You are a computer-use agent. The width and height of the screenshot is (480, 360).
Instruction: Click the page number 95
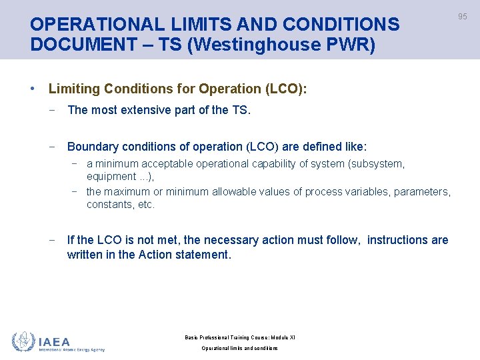tap(463, 16)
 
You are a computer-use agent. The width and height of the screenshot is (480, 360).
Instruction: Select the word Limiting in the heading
tap(73, 89)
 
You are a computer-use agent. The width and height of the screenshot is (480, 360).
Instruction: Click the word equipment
tap(111, 177)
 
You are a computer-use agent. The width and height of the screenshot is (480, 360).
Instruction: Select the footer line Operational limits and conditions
tap(239, 348)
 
